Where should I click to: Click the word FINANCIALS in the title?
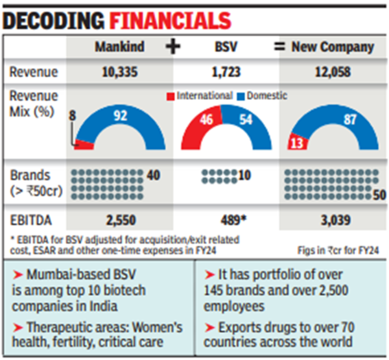pyautogui.click(x=174, y=19)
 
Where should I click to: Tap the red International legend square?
pyautogui.click(x=170, y=96)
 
